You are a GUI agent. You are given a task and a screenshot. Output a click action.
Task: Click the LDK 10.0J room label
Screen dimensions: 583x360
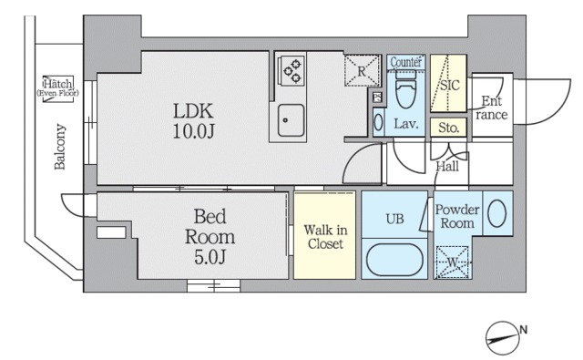click(x=193, y=121)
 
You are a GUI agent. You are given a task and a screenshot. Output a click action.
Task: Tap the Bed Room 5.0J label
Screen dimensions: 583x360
click(x=210, y=237)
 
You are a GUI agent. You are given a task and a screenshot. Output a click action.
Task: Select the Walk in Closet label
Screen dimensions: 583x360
click(x=325, y=237)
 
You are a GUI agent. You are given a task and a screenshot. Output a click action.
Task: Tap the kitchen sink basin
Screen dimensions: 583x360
click(x=291, y=120)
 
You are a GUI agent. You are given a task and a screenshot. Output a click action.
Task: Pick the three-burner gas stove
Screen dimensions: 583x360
click(x=291, y=70)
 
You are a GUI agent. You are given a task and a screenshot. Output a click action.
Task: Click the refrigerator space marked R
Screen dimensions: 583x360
click(x=362, y=71)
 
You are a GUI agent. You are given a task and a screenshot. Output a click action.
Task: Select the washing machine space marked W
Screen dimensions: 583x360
click(x=453, y=262)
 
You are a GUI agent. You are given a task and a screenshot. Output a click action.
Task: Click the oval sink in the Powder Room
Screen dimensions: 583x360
click(x=496, y=213)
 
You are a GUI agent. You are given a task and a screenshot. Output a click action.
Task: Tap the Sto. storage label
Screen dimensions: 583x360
click(x=448, y=128)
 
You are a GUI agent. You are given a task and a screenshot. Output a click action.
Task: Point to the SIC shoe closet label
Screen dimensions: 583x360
click(x=450, y=85)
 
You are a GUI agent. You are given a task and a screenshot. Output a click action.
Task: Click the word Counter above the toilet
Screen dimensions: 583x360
click(x=406, y=62)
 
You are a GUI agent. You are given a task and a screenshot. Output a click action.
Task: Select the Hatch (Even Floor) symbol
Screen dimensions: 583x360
click(x=58, y=88)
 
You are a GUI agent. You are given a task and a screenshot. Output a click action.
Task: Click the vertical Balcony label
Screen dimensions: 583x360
click(x=59, y=147)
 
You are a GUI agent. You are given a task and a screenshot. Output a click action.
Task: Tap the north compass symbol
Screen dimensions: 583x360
click(x=505, y=338)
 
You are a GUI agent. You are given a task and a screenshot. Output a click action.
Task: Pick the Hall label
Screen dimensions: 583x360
click(x=447, y=166)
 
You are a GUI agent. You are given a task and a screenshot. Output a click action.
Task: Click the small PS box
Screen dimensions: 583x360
click(x=377, y=98)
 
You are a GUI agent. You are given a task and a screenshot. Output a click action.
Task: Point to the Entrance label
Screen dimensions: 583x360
click(x=491, y=108)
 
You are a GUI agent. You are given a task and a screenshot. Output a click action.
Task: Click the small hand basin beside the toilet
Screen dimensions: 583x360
click(x=379, y=122)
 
